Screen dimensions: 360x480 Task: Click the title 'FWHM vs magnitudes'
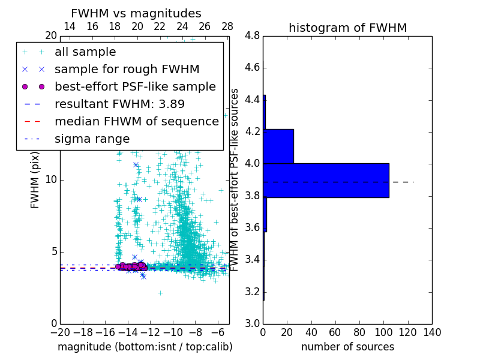[x=136, y=14]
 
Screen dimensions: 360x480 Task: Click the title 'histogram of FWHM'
[x=347, y=28]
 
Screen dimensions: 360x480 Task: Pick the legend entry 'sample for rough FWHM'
[x=127, y=69]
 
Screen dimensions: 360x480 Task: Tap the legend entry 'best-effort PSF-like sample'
[x=135, y=86]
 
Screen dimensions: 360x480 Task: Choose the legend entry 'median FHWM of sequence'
[x=136, y=121]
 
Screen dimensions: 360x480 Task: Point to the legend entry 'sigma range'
[x=92, y=139]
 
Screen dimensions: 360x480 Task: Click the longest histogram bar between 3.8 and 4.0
[x=326, y=180]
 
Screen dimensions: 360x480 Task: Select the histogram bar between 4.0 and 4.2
[x=278, y=146]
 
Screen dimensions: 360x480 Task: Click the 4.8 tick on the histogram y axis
[x=252, y=36]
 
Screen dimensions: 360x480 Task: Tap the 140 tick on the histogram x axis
[x=431, y=332]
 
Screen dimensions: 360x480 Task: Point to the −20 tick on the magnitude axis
[x=60, y=332]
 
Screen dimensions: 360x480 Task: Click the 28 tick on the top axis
[x=227, y=26]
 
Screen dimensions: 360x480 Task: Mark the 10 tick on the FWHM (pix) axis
[x=51, y=180]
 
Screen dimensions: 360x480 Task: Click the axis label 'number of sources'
[x=347, y=347]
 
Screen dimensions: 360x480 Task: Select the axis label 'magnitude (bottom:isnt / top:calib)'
[x=145, y=347]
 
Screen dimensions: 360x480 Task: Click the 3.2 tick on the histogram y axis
[x=252, y=292]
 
